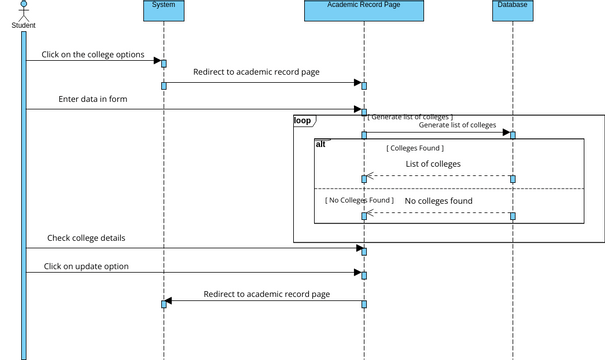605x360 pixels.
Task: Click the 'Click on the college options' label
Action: pyautogui.click(x=93, y=54)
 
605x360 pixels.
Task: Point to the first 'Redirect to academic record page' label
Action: pyautogui.click(x=256, y=73)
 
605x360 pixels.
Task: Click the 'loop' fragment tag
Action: pyautogui.click(x=302, y=120)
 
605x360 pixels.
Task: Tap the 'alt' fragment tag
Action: pyautogui.click(x=321, y=144)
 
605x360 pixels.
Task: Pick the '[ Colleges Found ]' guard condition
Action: pyautogui.click(x=415, y=148)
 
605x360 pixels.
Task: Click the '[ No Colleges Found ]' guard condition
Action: pyautogui.click(x=359, y=200)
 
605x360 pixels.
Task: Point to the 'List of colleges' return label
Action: pyautogui.click(x=433, y=164)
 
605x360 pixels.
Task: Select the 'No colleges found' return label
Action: pyautogui.click(x=438, y=201)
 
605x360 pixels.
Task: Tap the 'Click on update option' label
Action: pyautogui.click(x=86, y=267)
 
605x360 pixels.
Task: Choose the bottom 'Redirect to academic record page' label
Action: pyautogui.click(x=266, y=294)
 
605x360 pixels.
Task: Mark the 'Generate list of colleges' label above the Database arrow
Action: pyautogui.click(x=457, y=126)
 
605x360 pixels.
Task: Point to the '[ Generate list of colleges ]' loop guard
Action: pyautogui.click(x=410, y=117)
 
